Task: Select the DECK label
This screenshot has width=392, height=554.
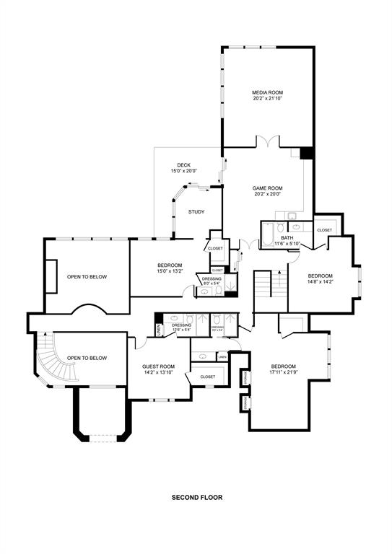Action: coord(183,165)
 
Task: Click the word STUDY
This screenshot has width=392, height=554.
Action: coord(196,211)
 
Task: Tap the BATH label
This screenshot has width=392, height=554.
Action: coord(287,237)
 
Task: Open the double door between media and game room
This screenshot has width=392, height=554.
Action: coord(268,142)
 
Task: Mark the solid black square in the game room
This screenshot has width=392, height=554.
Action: coord(307,153)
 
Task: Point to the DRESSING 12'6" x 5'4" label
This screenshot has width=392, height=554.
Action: coord(181,326)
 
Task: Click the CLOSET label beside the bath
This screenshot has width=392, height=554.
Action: coord(324,230)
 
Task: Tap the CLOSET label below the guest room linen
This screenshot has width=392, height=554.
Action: coord(208,377)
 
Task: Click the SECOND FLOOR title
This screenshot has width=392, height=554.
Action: coord(196,498)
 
